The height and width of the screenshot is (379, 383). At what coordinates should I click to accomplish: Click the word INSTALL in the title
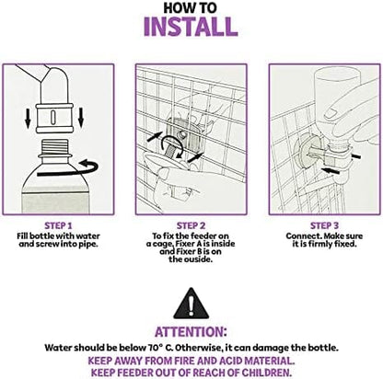[191, 27]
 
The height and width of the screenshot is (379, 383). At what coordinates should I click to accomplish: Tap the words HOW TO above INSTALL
[190, 7]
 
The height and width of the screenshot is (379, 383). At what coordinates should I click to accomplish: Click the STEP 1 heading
[58, 226]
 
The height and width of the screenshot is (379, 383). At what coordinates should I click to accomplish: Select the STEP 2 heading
[191, 226]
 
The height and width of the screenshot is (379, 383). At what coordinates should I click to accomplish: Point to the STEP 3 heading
[324, 226]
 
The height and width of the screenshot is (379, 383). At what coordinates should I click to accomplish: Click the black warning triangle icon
[191, 304]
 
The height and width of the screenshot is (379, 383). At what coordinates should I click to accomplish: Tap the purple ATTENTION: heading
[191, 332]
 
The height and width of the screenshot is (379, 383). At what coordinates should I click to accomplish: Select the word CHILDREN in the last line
[266, 373]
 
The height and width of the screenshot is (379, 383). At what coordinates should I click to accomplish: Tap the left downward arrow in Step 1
[28, 119]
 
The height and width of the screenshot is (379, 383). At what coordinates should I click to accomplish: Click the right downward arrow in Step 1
[81, 118]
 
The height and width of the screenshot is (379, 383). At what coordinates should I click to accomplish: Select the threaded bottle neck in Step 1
[53, 146]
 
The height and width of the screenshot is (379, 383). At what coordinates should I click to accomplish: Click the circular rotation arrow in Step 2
[172, 146]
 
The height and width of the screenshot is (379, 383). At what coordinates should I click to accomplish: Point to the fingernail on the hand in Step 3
[331, 112]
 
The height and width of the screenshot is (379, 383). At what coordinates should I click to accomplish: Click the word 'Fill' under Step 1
[22, 236]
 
